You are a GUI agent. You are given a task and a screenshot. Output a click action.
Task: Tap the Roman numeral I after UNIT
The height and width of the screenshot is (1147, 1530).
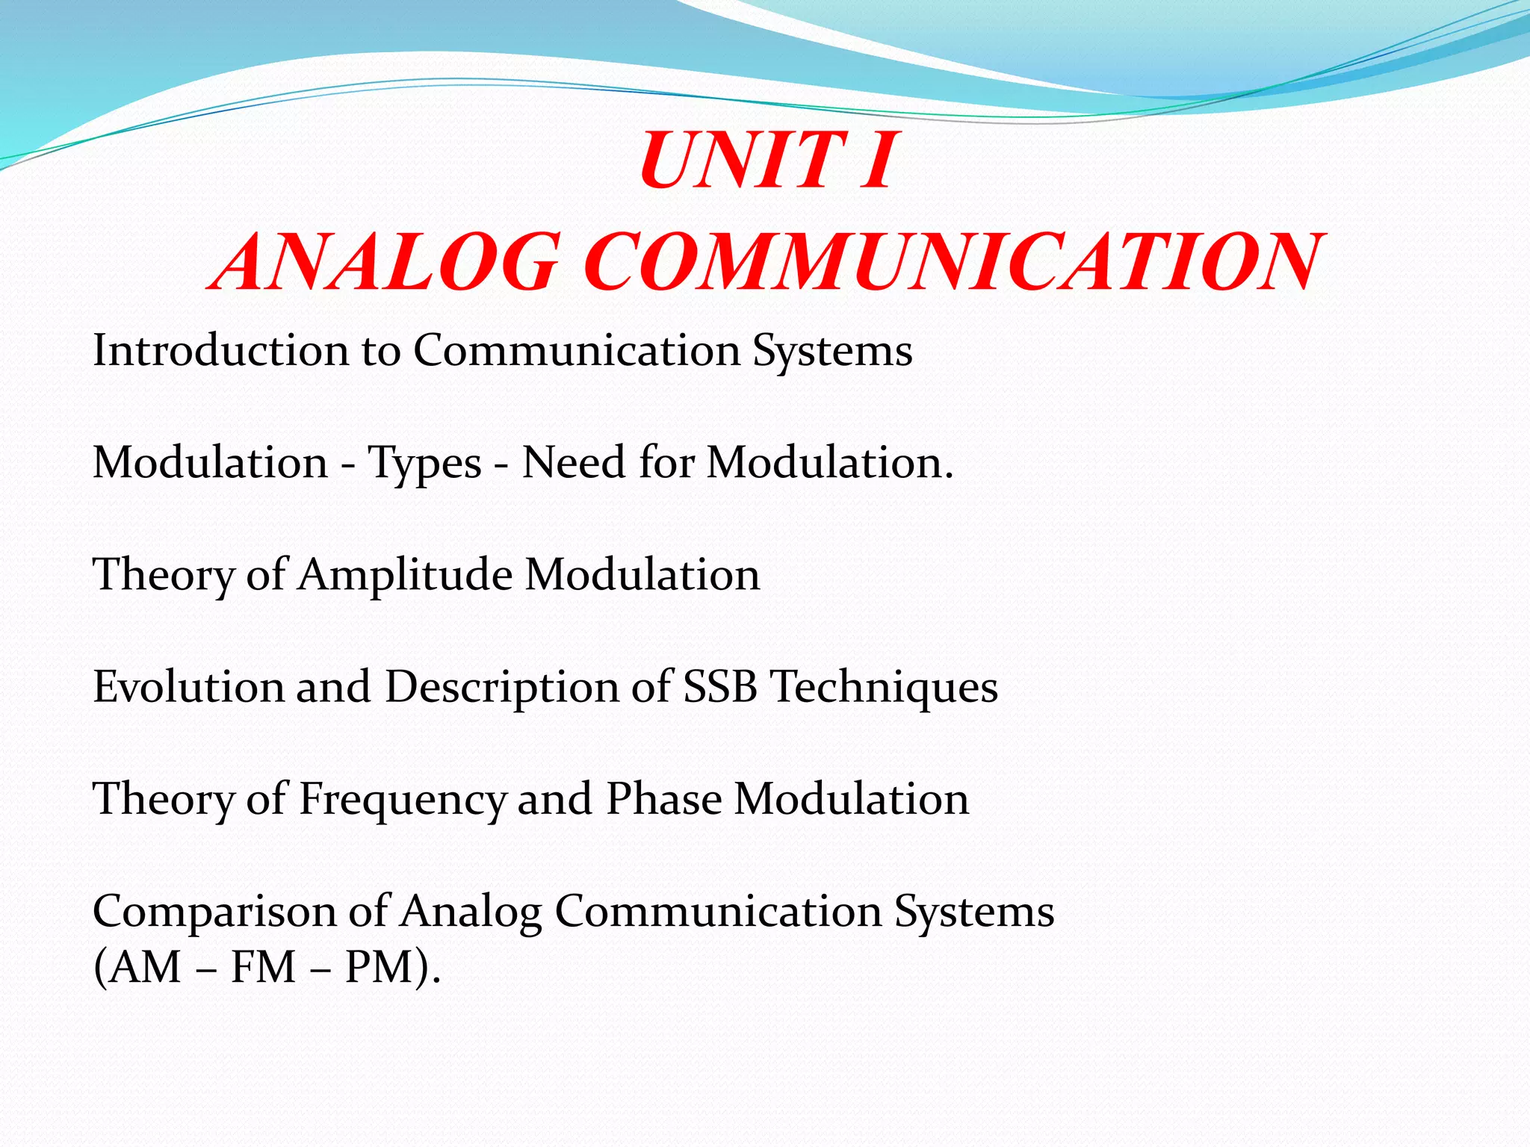tap(876, 161)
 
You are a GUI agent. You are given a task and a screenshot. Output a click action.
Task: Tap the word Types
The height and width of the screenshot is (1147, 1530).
tap(424, 464)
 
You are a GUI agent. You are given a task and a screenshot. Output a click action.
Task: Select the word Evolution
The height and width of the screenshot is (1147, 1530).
tap(188, 686)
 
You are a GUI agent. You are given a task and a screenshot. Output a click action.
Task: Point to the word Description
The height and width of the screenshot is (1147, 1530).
tap(501, 688)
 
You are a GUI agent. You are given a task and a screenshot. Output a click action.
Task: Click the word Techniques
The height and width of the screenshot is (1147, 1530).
tap(884, 688)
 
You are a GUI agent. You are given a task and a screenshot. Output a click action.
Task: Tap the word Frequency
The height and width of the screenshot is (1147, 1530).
tap(403, 800)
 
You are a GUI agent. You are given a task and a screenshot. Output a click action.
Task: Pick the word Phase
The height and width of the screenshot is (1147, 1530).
tap(664, 798)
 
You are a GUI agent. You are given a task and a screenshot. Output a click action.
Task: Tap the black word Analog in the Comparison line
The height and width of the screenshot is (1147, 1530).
tap(471, 913)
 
